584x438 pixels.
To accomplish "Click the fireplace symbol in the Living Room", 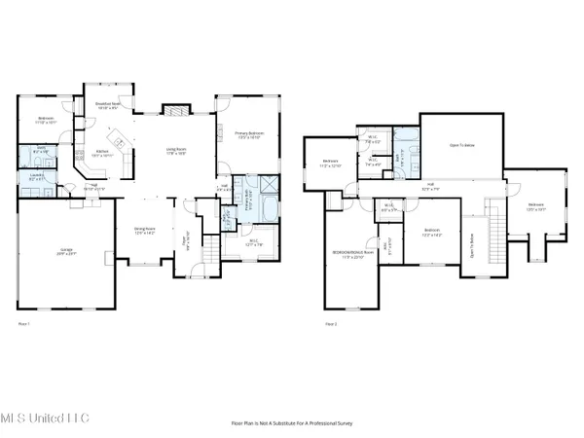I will [x=173, y=111].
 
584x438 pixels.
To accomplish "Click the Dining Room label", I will [x=143, y=232].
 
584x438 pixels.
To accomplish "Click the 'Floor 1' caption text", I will [x=24, y=322].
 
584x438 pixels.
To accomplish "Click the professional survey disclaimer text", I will [x=291, y=423].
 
